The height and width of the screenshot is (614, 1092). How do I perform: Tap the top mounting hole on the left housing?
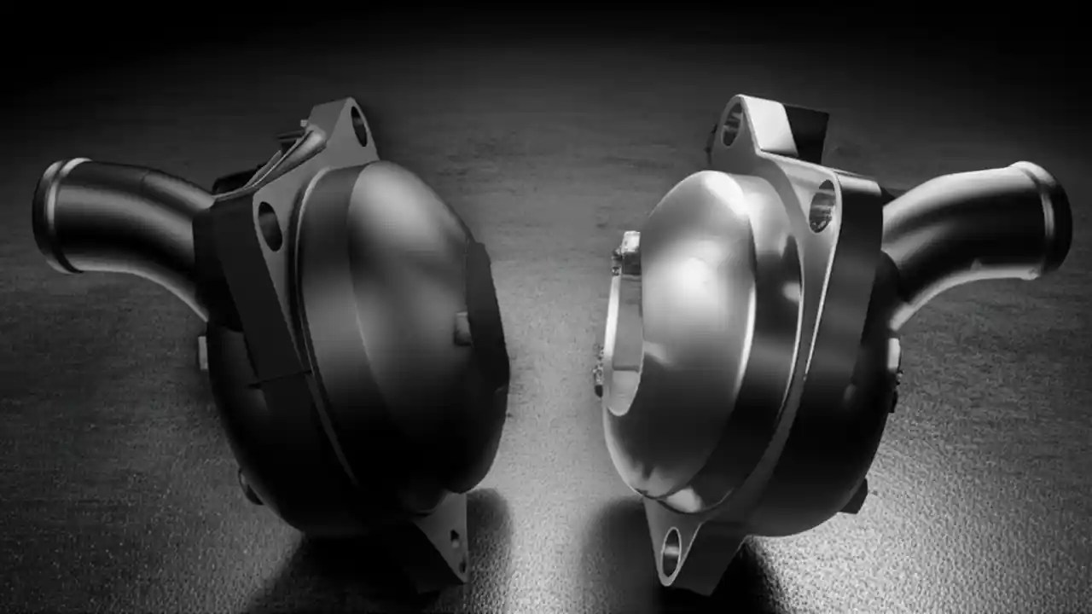tap(358, 125)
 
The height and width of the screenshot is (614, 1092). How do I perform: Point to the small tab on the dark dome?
tap(462, 328)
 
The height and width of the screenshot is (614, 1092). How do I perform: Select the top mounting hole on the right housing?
tap(732, 125)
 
